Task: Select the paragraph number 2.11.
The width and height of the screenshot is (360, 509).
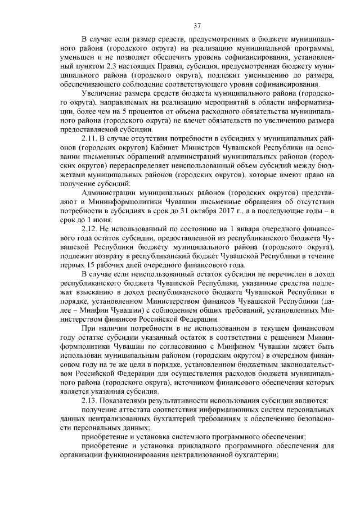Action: click(91, 137)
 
